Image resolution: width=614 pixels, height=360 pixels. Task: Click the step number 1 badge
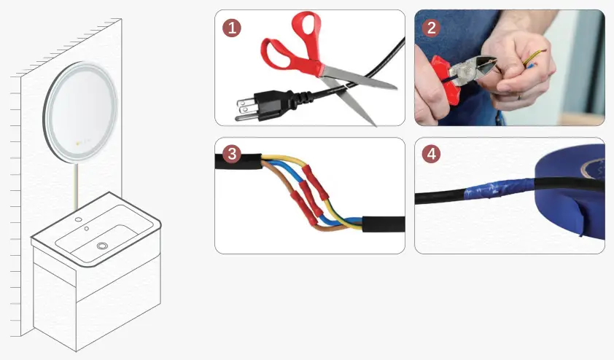point(232,28)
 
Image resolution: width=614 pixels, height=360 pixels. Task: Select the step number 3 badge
point(232,154)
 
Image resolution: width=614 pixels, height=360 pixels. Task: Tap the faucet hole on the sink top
point(78,219)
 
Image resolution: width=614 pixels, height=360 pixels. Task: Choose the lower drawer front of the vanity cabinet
point(117,313)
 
